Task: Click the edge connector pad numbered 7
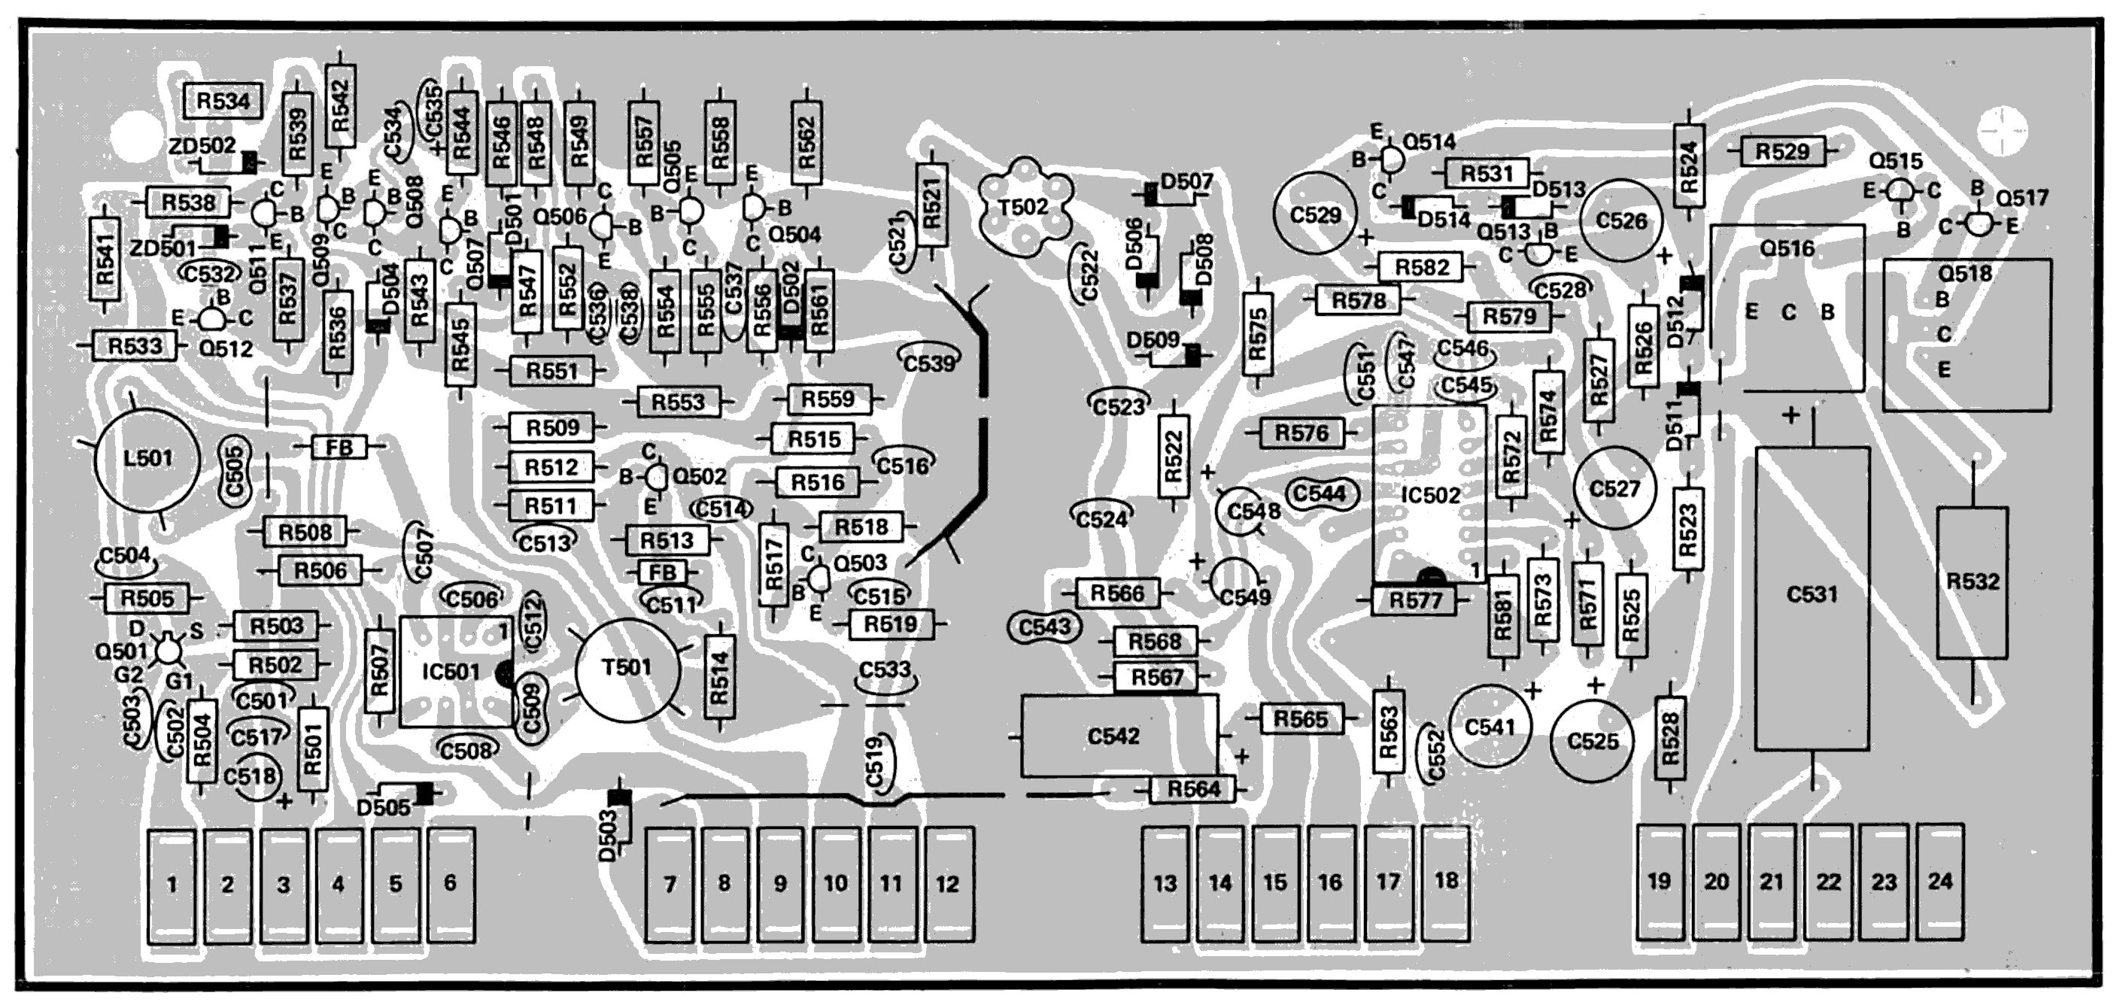(669, 884)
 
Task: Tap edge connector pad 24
(1939, 882)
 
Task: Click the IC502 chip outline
(1429, 494)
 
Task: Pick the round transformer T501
(627, 667)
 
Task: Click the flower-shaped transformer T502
(1023, 208)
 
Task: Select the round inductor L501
(148, 458)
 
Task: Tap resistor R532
(1973, 582)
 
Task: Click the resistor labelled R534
(223, 102)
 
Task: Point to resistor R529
(1781, 151)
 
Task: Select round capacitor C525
(1593, 742)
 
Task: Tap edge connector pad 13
(1165, 884)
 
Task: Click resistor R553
(678, 402)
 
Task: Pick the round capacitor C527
(1614, 489)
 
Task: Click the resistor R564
(1193, 789)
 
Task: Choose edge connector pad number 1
(172, 885)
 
